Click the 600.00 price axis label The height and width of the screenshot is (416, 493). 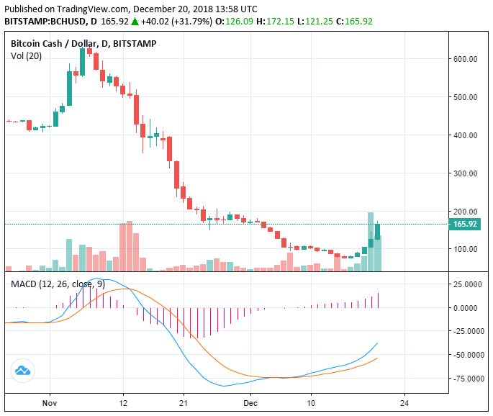click(x=466, y=59)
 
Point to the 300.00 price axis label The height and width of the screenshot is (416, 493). click(x=466, y=173)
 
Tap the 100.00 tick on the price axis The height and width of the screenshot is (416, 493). click(x=466, y=250)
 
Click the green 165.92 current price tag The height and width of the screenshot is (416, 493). click(x=465, y=225)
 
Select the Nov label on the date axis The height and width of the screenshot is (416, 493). click(x=49, y=403)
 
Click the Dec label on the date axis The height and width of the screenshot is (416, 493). click(x=250, y=403)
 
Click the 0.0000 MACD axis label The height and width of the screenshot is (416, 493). click(x=468, y=308)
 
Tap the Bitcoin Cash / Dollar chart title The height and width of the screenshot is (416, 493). click(x=83, y=44)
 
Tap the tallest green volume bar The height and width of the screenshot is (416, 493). click(x=371, y=242)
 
